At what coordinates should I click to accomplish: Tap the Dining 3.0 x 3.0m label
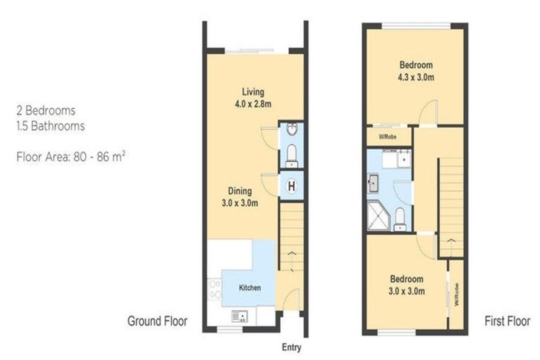click(242, 197)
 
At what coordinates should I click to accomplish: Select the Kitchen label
click(250, 288)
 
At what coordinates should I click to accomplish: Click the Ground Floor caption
click(157, 321)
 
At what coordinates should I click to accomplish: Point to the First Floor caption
click(508, 321)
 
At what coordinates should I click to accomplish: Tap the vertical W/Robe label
click(456, 293)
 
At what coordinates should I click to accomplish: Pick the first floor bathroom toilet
click(399, 219)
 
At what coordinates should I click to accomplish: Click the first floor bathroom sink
click(373, 184)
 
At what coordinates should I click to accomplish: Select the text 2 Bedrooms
click(46, 111)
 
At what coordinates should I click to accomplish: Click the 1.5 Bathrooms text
click(51, 127)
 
